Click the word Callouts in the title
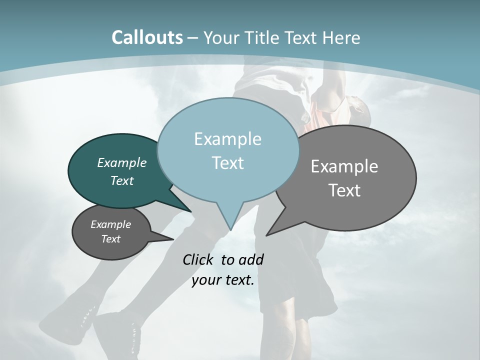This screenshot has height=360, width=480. pos(147,37)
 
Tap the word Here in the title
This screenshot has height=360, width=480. pos(341,38)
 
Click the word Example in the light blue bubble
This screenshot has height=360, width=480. pos(227,139)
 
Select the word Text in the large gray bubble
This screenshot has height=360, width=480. pos(344,190)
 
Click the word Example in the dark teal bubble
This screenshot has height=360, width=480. pos(122,162)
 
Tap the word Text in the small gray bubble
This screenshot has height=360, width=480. pos(111,239)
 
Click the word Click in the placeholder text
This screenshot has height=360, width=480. pos(198,259)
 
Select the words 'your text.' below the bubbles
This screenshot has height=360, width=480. pos(223,280)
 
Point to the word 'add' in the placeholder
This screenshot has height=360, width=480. pos(250,259)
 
